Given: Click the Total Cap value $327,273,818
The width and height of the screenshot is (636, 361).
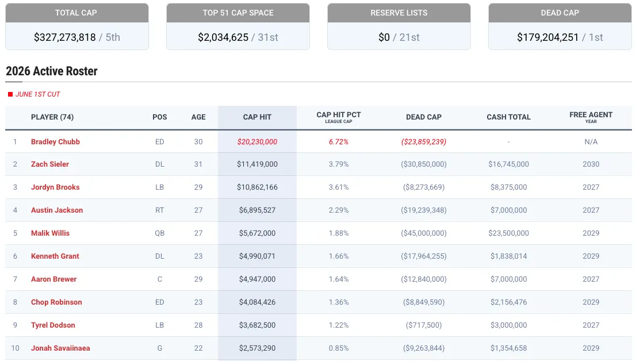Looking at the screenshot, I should click(64, 37).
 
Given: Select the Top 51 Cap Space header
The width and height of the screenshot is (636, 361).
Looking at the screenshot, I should click(238, 13).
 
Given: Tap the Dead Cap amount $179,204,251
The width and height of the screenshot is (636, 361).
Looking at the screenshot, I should click(547, 37).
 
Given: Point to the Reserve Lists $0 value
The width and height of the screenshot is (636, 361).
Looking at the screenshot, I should click(384, 37).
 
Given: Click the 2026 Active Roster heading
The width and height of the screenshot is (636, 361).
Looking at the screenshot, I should click(52, 71).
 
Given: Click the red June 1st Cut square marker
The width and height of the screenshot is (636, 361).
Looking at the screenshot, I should click(10, 94).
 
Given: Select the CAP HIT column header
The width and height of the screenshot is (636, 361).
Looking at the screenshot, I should click(257, 117).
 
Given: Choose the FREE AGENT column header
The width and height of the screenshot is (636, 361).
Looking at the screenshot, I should click(591, 117).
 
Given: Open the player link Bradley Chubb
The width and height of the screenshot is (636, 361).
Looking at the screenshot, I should click(55, 141).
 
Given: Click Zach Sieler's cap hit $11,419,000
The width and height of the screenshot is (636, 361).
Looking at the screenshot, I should click(257, 164).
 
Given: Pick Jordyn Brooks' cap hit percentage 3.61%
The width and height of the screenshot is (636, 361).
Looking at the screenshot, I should click(339, 187).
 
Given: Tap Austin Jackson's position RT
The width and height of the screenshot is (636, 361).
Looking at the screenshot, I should click(160, 210).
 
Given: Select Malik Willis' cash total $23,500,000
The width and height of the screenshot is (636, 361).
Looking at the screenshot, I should click(508, 233).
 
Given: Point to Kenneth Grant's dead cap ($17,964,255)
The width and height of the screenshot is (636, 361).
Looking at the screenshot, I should click(424, 256).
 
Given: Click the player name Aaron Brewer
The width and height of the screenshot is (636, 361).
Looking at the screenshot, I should click(53, 279).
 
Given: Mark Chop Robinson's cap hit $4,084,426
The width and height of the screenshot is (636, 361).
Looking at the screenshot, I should click(257, 302).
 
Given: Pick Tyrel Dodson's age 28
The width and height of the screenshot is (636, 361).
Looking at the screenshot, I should click(198, 325).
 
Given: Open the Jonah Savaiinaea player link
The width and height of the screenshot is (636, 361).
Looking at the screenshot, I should click(60, 348).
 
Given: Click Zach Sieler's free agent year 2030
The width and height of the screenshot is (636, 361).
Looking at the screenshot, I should click(591, 164).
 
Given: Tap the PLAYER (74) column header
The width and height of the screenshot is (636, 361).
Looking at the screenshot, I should click(52, 117).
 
